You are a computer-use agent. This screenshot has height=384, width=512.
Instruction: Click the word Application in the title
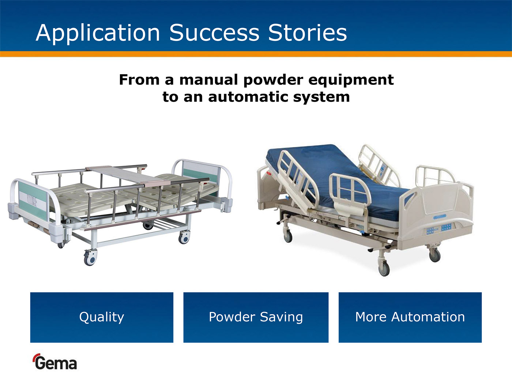98,33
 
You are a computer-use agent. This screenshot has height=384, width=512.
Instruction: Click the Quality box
102,317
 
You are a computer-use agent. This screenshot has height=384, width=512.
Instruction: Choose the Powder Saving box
256,317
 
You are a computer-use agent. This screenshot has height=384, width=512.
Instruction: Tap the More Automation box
410,317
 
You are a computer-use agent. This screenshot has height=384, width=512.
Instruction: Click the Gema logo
55,362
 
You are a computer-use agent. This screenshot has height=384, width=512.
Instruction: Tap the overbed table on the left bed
128,175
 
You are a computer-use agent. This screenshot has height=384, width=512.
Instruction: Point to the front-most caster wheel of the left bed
90,258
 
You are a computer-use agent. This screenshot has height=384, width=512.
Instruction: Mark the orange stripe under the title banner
256,54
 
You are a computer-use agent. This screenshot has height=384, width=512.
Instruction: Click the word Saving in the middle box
281,317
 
